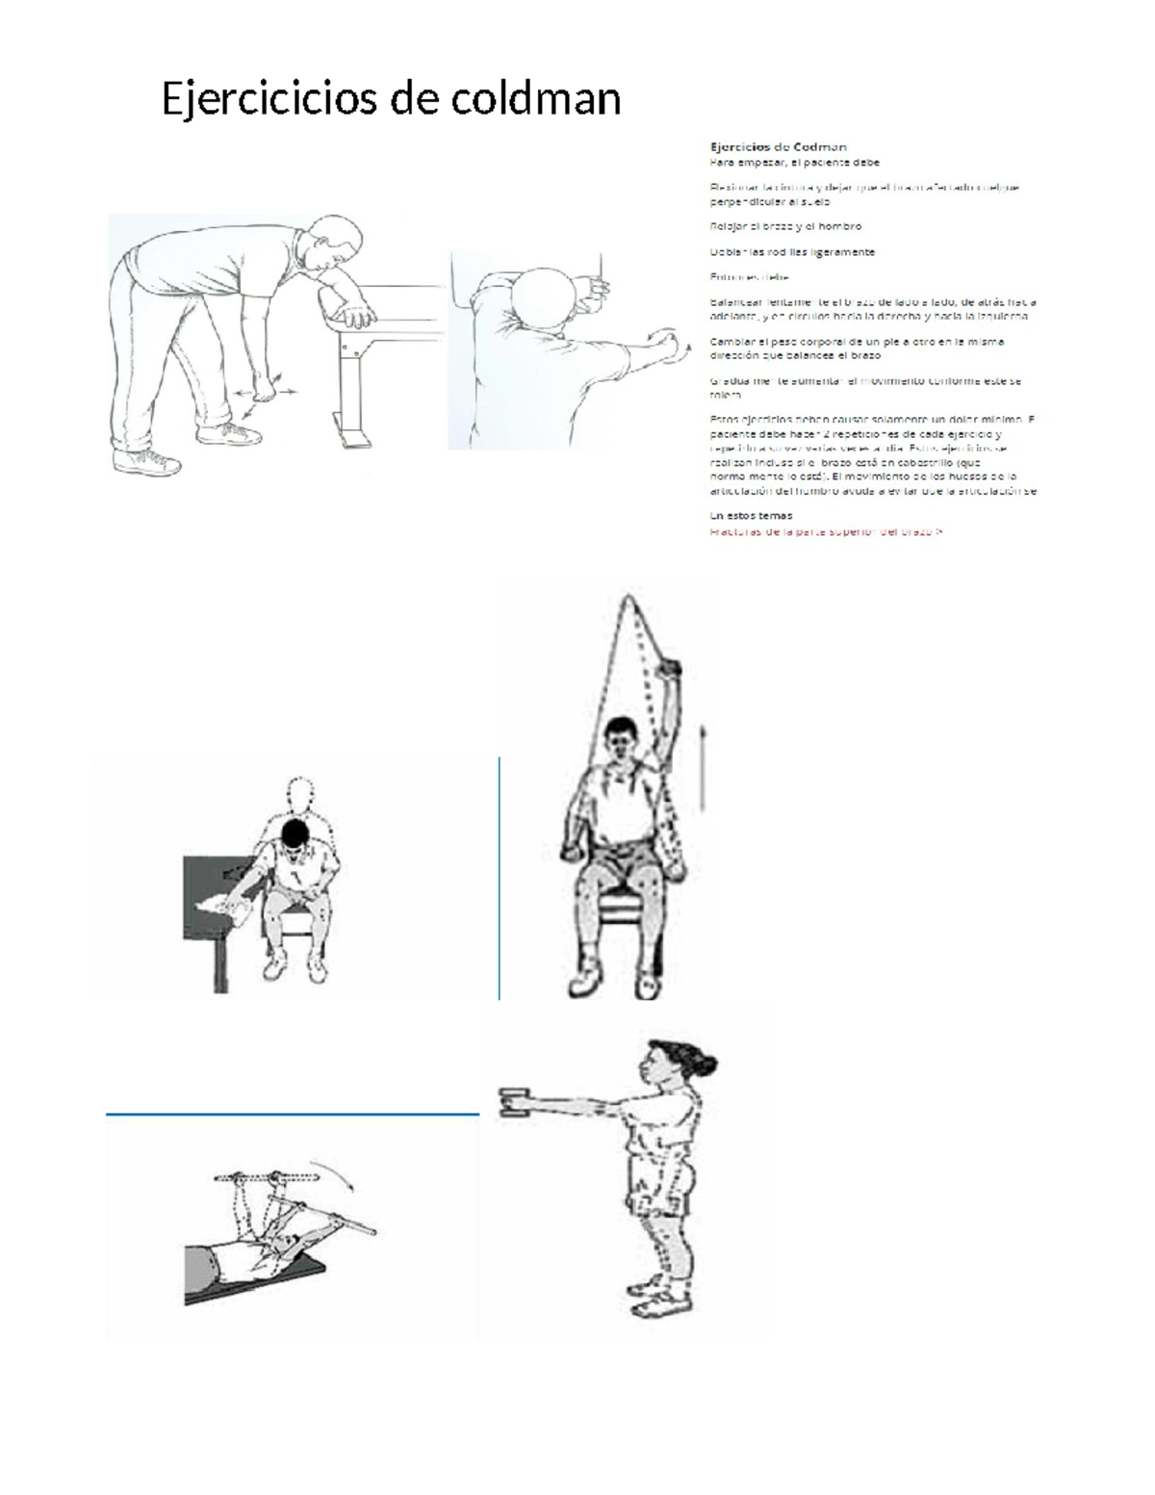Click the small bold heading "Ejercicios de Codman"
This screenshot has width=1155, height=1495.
pyautogui.click(x=778, y=147)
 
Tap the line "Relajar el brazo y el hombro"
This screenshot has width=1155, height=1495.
pyautogui.click(x=785, y=226)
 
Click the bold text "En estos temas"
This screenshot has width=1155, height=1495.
pyautogui.click(x=751, y=515)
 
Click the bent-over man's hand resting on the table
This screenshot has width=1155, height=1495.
pyautogui.click(x=358, y=315)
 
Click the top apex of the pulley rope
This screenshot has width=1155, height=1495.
pyautogui.click(x=628, y=598)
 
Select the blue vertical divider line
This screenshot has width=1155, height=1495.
pyautogui.click(x=500, y=878)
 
